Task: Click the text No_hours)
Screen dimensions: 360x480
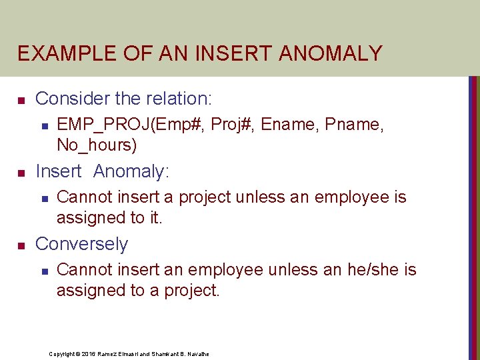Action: [x=97, y=144]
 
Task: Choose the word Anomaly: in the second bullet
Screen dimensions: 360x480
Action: [x=131, y=171]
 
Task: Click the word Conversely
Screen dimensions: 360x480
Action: [x=81, y=244]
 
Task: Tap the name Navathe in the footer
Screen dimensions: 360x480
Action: [x=197, y=354]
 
